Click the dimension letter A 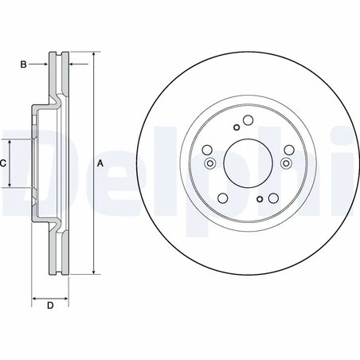pyautogui.click(x=100, y=163)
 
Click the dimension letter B pyautogui.click(x=23, y=61)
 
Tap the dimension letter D pyautogui.click(x=49, y=306)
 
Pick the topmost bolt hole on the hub pyautogui.click(x=247, y=121)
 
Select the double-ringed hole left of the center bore pyautogui.click(x=209, y=163)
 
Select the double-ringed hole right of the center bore pyautogui.click(x=284, y=163)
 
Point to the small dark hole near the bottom pyautogui.click(x=260, y=199)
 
